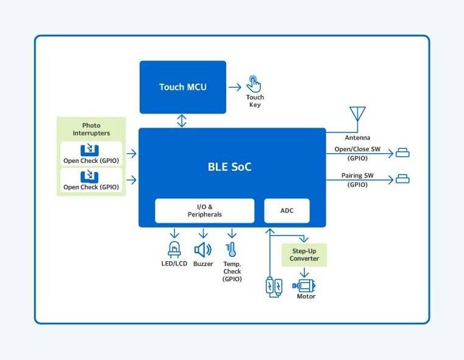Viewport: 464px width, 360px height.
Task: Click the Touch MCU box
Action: [183, 87]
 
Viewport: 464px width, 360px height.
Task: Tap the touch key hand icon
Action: [254, 84]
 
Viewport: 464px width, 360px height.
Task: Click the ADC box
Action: [287, 211]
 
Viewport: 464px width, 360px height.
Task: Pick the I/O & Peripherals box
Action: [204, 211]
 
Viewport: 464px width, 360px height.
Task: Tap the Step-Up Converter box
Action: [304, 254]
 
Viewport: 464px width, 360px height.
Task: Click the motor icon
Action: [305, 285]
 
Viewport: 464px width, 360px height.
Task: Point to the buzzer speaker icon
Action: [202, 250]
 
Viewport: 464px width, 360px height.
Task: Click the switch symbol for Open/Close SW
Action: [402, 153]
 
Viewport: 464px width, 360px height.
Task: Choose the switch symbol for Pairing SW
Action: [402, 179]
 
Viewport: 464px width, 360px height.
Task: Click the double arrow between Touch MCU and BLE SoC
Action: [181, 120]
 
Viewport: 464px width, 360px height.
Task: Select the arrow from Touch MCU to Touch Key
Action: [235, 87]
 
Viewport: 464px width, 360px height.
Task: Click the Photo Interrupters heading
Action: [91, 129]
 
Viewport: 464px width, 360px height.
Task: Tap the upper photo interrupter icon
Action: [90, 150]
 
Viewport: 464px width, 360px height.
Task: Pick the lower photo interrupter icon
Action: [90, 176]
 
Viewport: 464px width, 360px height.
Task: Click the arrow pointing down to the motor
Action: [304, 273]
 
